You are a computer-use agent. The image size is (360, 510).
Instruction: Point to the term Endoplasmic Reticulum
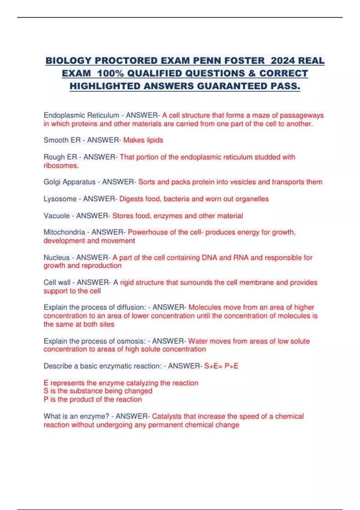81,115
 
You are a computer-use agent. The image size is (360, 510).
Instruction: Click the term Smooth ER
62,140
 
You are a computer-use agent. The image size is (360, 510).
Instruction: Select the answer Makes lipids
143,140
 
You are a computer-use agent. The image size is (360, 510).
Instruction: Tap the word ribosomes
61,166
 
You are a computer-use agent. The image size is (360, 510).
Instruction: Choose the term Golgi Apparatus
69,182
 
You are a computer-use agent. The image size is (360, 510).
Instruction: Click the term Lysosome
60,199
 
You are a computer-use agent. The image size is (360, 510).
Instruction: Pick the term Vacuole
57,216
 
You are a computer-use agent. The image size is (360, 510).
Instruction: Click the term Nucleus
57,257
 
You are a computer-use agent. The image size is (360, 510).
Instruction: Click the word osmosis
131,341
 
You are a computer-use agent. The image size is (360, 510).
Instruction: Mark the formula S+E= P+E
221,366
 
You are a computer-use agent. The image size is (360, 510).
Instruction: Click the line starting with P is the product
92,400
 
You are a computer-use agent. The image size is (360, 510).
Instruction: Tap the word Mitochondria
64,232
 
